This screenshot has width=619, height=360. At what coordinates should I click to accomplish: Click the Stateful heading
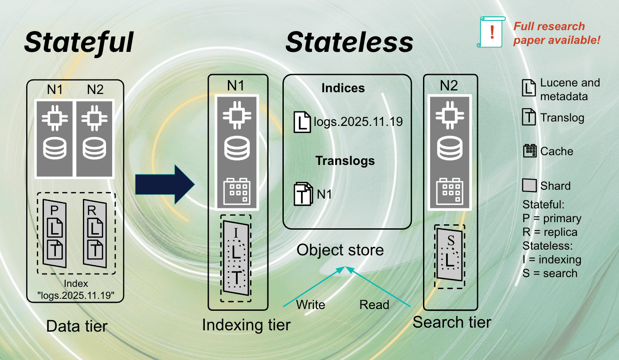(78, 42)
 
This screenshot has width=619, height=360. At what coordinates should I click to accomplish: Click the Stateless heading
(349, 42)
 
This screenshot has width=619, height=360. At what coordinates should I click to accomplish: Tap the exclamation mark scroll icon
(491, 32)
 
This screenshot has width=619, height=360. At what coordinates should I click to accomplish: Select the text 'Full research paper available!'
(556, 33)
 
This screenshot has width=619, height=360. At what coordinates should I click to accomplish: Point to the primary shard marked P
(55, 233)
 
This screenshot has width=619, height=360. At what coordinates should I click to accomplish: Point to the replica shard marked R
(95, 233)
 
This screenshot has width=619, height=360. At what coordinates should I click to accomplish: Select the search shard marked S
(450, 254)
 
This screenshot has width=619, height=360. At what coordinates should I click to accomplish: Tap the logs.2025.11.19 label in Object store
(358, 121)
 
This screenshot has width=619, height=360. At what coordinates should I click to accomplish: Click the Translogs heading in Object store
(345, 160)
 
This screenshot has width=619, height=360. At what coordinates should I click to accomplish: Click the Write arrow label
(310, 305)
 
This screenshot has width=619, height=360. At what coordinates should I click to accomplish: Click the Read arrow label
(374, 305)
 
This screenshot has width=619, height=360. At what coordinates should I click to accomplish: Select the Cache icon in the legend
(530, 151)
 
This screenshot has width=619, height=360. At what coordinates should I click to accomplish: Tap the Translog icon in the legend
(529, 117)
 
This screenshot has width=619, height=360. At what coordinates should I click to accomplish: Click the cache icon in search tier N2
(451, 191)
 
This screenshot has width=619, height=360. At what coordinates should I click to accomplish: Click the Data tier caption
(77, 327)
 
